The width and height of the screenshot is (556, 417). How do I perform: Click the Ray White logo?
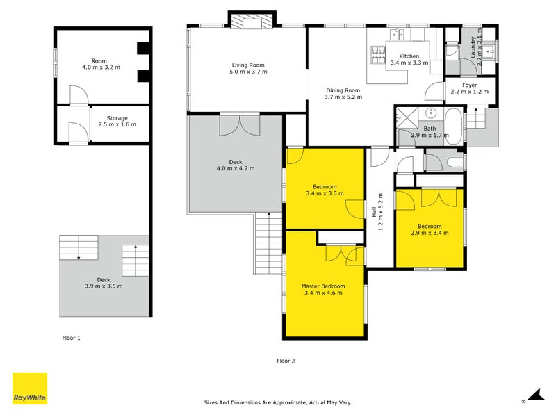tap(30, 389)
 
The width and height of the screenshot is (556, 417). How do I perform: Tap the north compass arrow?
tap(534, 395)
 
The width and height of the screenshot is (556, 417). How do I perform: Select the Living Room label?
tap(248, 65)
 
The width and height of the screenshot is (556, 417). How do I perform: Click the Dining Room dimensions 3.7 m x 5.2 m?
tap(343, 97)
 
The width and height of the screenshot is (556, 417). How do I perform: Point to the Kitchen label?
tap(409, 56)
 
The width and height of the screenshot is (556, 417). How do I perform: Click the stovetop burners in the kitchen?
tap(378, 55)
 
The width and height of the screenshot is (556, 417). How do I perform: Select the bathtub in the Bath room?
tap(454, 126)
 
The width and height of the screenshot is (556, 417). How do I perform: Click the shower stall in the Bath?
tap(407, 117)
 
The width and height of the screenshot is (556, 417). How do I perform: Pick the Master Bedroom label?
tap(323, 286)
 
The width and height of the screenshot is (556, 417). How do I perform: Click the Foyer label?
tap(470, 85)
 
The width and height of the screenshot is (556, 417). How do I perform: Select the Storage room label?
tap(117, 118)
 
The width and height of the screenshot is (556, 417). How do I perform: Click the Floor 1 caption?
tap(72, 338)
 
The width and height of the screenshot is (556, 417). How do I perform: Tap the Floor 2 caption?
tap(286, 361)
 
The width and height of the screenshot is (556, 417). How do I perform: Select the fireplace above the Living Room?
tap(252, 20)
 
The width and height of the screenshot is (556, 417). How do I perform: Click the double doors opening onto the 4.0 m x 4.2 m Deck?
tap(240, 125)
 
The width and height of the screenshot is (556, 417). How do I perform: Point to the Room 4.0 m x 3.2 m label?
tap(99, 64)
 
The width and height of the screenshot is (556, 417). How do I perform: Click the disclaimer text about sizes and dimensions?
tap(278, 402)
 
